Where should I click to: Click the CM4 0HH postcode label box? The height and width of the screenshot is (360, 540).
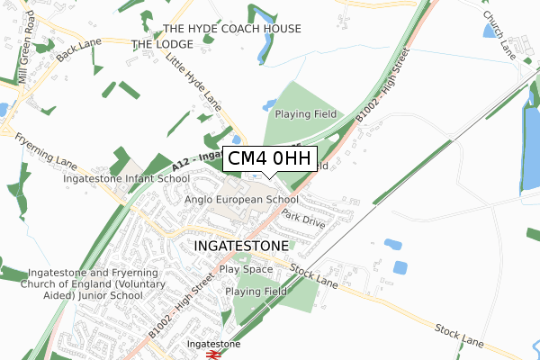point(268,159)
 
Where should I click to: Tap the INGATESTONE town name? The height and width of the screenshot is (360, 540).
point(240,245)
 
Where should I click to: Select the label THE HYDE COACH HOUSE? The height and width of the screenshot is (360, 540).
point(231,29)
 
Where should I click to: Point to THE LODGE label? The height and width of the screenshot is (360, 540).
point(162,44)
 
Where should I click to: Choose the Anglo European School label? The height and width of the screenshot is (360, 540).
point(241,199)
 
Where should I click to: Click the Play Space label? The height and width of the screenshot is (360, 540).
point(245,269)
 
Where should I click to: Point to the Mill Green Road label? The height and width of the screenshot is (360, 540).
point(24,61)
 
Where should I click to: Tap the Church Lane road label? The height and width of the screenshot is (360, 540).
point(498,32)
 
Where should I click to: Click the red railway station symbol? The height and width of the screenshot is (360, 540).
point(214,355)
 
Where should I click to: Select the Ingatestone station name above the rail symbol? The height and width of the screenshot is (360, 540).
point(213,344)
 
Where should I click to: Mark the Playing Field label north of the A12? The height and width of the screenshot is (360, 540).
point(305,114)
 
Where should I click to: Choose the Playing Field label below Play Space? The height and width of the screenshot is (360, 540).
point(256,292)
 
